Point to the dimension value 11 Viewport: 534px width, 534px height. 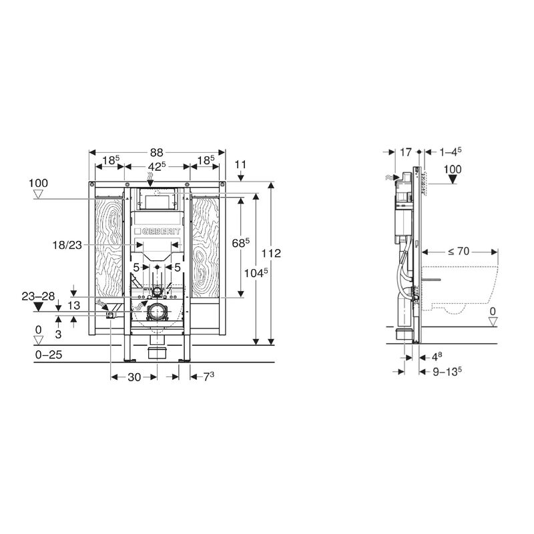pos(241,163)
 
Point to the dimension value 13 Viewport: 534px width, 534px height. pos(75,306)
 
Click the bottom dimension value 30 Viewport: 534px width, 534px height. pos(133,378)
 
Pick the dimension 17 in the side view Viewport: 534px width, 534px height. pos(405,152)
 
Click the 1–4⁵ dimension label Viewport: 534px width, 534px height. pos(450,152)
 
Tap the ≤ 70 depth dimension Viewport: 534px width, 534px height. pos(459,252)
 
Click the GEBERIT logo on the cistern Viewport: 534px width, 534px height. pos(158,230)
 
